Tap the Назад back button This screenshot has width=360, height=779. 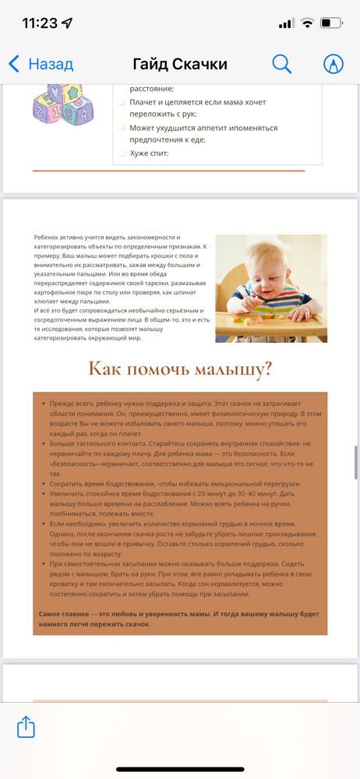[x=41, y=64]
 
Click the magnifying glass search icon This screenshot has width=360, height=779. [x=281, y=64]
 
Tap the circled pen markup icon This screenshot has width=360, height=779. [x=334, y=64]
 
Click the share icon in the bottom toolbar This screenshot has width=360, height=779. [x=26, y=728]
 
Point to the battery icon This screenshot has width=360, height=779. [x=330, y=23]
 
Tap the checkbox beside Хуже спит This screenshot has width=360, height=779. [x=122, y=153]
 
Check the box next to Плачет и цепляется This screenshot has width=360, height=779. [x=122, y=102]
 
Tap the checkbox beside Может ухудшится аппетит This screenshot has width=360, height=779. [x=122, y=128]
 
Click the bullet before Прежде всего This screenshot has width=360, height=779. [x=43, y=406]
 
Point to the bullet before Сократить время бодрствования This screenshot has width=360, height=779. [x=43, y=484]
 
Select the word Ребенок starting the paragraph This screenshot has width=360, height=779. [x=47, y=237]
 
